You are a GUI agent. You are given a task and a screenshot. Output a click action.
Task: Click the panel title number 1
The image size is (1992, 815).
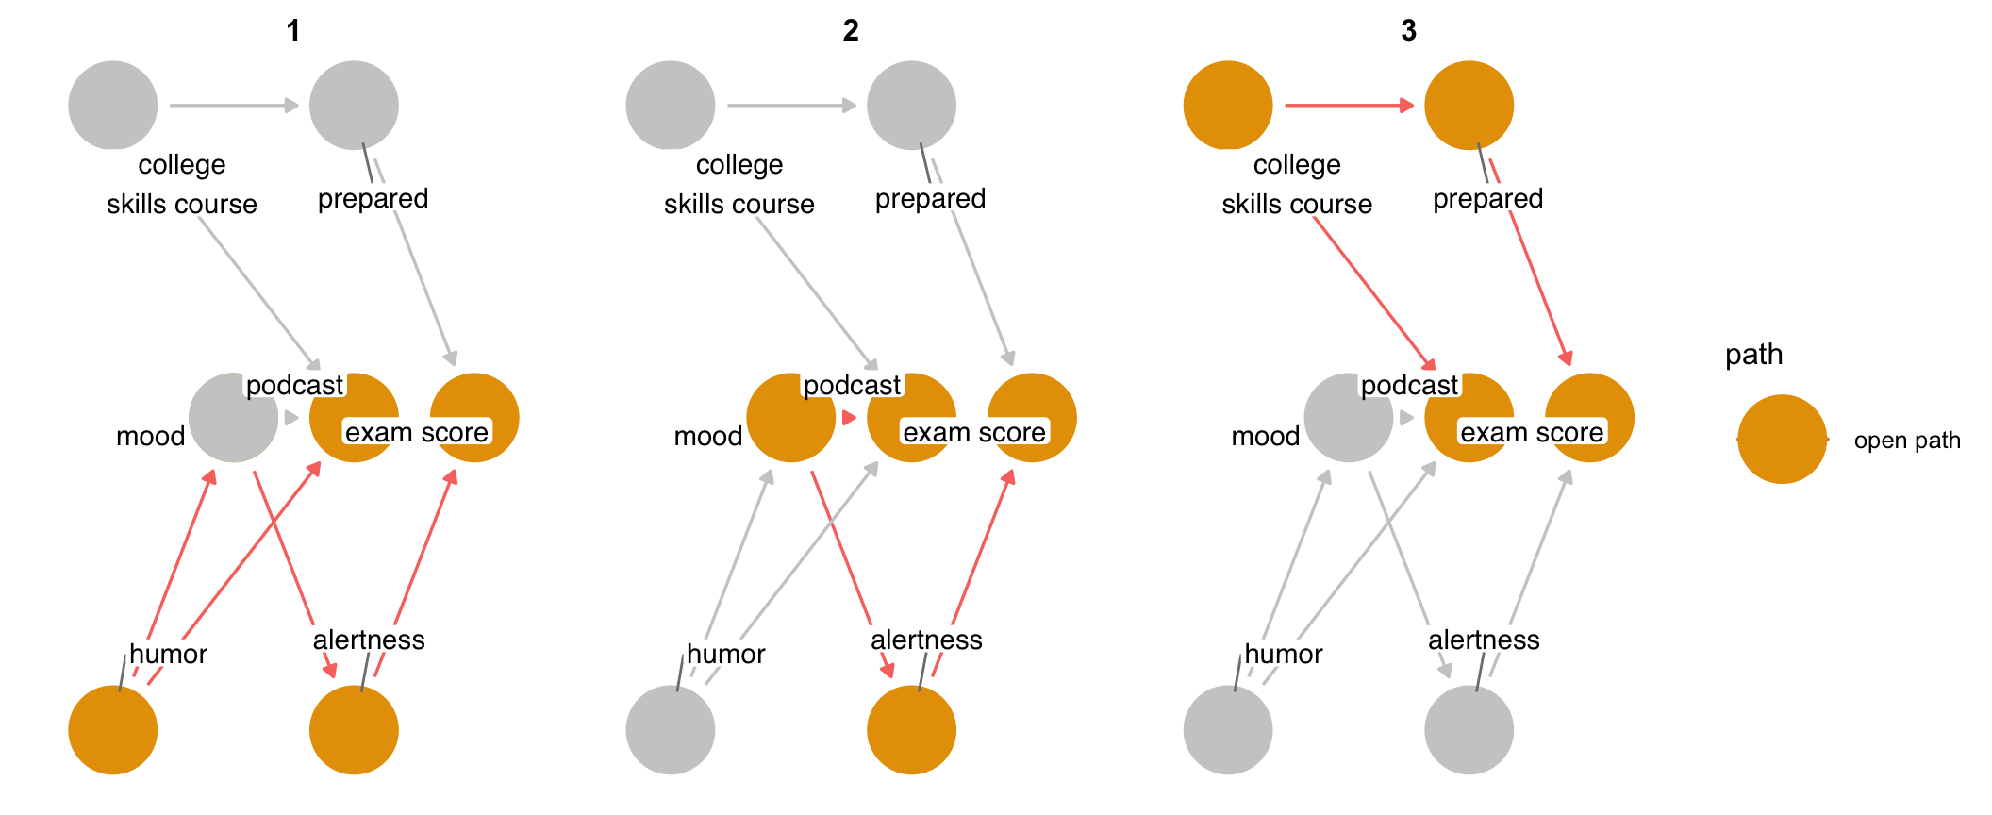click(293, 31)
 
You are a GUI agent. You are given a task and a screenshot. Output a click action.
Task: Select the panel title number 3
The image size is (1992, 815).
click(1408, 31)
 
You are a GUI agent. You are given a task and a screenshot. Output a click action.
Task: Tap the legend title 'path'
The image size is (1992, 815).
click(1753, 355)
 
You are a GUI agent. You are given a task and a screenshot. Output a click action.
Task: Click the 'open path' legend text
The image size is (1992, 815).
click(1906, 441)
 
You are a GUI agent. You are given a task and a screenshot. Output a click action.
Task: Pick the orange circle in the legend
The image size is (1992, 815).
click(1782, 440)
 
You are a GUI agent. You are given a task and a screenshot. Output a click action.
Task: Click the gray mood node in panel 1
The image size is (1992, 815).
click(232, 418)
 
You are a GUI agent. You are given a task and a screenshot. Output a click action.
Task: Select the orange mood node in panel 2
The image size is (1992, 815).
click(790, 418)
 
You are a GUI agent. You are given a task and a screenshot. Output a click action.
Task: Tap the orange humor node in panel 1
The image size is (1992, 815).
click(113, 729)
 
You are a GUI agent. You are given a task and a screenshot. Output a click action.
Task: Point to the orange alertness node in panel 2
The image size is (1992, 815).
click(911, 729)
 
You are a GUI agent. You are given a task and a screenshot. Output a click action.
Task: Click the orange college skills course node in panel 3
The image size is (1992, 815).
click(1228, 106)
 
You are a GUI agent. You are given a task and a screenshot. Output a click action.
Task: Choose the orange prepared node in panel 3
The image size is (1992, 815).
click(1469, 106)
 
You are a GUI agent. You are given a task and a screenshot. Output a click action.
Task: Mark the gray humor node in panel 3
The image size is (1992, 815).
click(1228, 729)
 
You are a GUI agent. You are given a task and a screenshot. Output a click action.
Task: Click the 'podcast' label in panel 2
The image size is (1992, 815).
click(852, 385)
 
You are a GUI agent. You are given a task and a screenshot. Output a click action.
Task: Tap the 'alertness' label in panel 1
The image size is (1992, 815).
click(369, 640)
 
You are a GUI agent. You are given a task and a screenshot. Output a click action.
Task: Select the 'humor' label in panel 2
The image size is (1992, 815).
click(725, 654)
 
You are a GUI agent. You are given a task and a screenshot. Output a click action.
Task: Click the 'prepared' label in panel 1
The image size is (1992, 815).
click(373, 198)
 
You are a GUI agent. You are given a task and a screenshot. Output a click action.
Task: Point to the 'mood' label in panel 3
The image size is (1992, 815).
click(1265, 436)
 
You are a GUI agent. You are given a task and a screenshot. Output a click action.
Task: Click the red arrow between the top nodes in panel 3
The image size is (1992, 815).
click(1349, 106)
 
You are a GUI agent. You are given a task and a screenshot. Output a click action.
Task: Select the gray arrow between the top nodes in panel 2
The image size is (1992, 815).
click(790, 106)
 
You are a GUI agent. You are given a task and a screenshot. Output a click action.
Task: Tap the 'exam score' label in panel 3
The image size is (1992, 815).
click(1532, 432)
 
